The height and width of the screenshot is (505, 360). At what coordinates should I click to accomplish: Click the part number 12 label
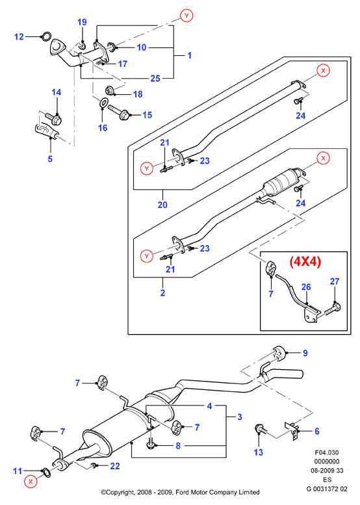coord(19,36)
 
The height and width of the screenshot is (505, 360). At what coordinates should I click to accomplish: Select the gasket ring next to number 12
coord(46,36)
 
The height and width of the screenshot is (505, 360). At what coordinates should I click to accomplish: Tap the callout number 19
coord(82,22)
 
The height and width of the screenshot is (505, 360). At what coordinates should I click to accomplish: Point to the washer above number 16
coord(103,103)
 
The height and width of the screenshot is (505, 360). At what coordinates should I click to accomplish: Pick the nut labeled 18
coord(109,90)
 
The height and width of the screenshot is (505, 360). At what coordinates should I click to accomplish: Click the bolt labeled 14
coord(54,118)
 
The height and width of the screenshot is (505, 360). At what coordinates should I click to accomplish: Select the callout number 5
coord(50,159)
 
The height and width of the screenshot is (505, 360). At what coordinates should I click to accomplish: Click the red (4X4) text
coord(305,262)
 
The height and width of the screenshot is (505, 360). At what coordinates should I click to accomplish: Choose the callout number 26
coord(306,287)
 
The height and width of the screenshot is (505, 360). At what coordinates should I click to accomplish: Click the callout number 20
coord(162,205)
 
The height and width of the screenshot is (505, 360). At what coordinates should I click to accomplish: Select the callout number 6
coord(317,431)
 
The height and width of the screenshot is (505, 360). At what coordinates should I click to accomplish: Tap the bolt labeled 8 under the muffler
coord(151,443)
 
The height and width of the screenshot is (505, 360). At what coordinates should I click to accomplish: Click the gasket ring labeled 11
coord(46,473)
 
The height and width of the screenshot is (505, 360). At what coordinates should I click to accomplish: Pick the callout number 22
coord(115,466)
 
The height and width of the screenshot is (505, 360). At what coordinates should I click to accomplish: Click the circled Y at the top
coord(186,16)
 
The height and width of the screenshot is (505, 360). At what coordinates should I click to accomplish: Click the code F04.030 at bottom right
coord(326,452)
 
